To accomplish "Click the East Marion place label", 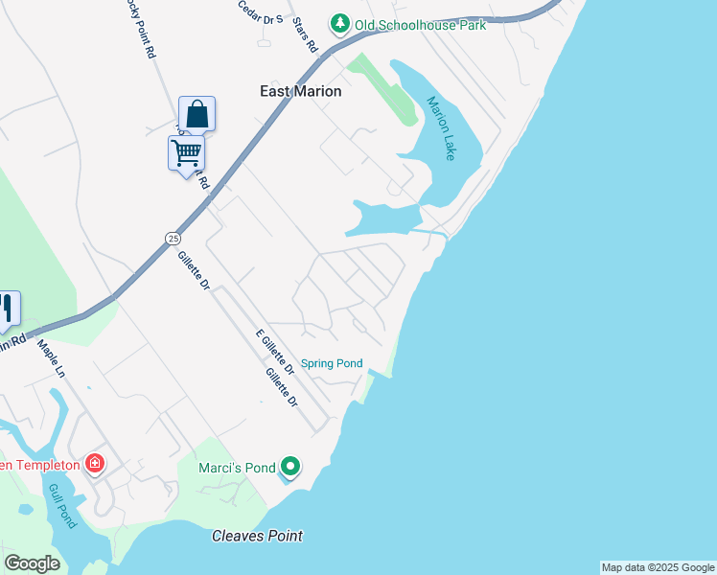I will click(x=300, y=91).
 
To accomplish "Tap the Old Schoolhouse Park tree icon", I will click(x=338, y=23).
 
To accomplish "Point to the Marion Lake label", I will click(x=440, y=127).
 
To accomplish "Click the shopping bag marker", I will click(x=197, y=114).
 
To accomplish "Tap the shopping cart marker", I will click(x=186, y=152).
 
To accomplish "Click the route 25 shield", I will click(x=172, y=237).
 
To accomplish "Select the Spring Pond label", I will click(x=332, y=363).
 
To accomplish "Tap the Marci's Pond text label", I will click(x=237, y=468).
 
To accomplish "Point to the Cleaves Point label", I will click(x=257, y=536).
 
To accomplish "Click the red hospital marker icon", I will click(x=95, y=465).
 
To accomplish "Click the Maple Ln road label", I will click(x=51, y=357).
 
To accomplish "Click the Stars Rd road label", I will click(x=306, y=34).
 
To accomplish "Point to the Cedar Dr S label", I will click(x=260, y=11).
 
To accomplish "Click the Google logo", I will click(x=32, y=563).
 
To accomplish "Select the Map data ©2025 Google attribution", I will click(x=658, y=567).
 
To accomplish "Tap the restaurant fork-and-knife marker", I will click(x=6, y=308).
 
